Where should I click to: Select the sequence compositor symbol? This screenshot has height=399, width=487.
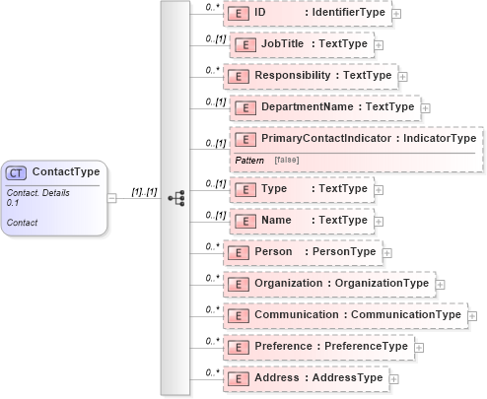click(x=176, y=198)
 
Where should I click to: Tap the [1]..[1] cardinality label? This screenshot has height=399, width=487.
click(x=144, y=191)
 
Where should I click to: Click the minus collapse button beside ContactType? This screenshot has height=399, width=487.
click(x=112, y=197)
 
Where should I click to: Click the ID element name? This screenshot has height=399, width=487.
click(x=260, y=13)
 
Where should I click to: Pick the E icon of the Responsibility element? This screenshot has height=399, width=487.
click(x=238, y=76)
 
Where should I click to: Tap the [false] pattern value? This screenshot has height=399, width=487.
click(x=287, y=158)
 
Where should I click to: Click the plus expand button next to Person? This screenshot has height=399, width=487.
click(x=385, y=252)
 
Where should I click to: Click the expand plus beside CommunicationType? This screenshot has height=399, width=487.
click(x=472, y=315)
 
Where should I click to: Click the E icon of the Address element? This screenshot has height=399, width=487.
click(x=237, y=377)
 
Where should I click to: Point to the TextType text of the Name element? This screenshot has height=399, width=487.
click(x=344, y=221)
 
